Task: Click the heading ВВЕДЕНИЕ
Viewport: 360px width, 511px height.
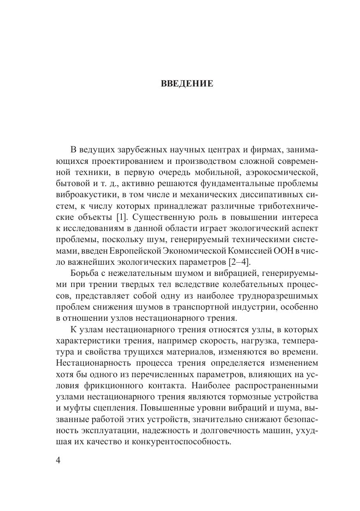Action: (x=187, y=84)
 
